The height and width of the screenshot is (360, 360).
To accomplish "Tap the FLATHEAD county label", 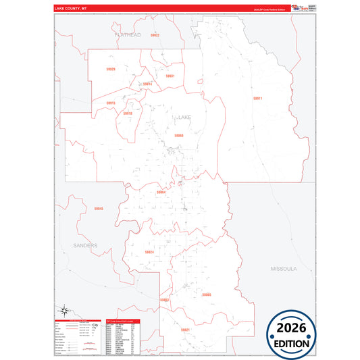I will [128, 34].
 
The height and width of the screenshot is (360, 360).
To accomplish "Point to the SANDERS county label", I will [86, 245].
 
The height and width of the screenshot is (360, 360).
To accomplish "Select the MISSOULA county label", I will [284, 268].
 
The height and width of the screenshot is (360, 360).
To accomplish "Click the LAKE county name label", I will [184, 117].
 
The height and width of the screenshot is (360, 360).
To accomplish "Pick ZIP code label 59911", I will [257, 99].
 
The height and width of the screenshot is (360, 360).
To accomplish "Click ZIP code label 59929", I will [111, 69].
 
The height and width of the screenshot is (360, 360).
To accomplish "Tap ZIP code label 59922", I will [155, 34].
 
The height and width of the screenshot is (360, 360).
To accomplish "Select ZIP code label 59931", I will [170, 76].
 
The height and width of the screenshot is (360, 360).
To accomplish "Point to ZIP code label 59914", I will [147, 84].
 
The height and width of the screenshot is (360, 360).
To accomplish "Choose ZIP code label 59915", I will [111, 103].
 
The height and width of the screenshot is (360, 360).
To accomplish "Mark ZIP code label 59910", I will [128, 113].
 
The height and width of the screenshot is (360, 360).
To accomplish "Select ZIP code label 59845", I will [99, 209].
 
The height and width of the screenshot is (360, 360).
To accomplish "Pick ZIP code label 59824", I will [149, 252].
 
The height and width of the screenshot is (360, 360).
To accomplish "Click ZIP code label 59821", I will [185, 329].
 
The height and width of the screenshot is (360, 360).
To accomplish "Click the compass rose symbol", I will [64, 311].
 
